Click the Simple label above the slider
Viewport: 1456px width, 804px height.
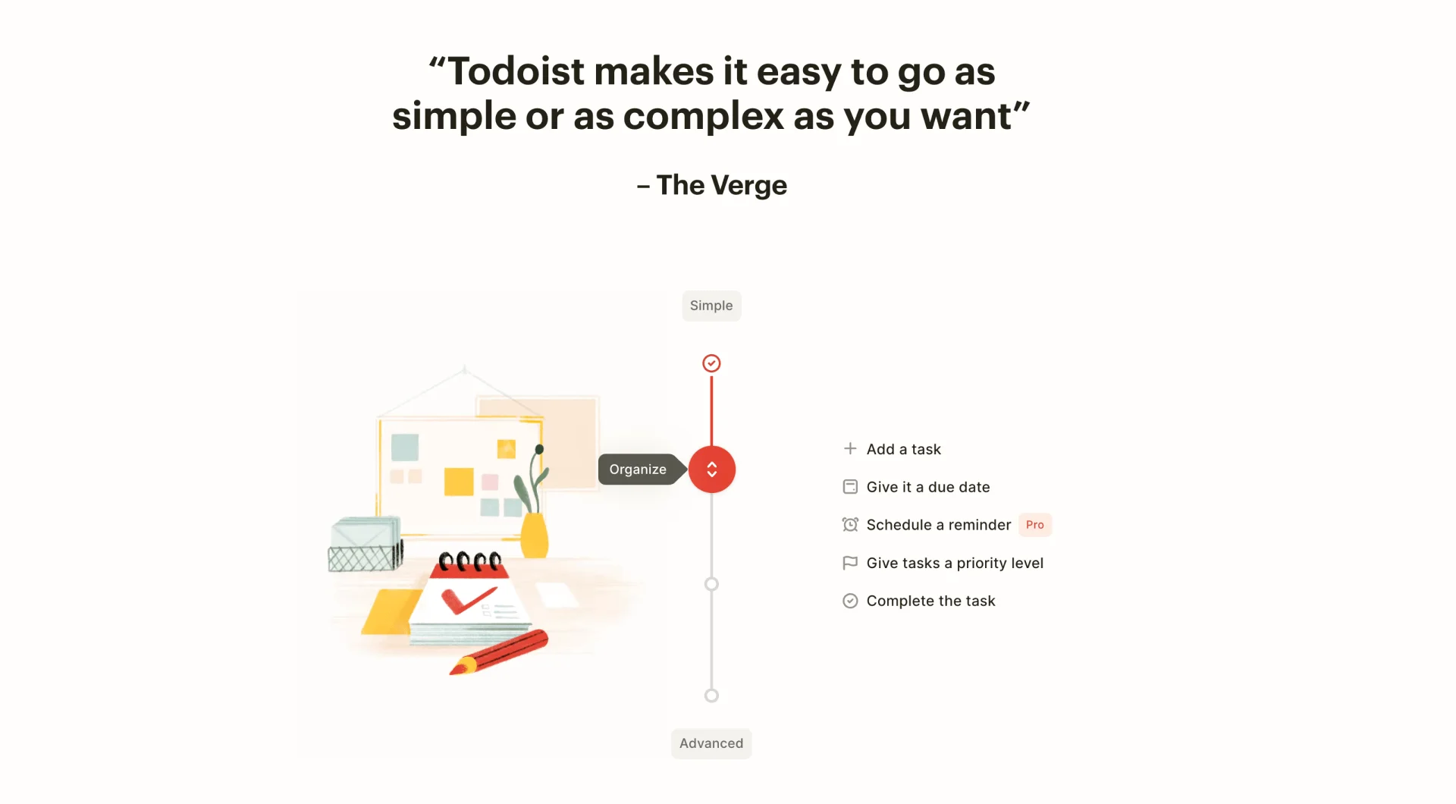pyautogui.click(x=711, y=306)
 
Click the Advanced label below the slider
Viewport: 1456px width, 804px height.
pyautogui.click(x=711, y=743)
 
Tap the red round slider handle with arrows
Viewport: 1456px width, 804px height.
pyautogui.click(x=711, y=470)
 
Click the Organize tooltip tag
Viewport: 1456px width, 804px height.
pyautogui.click(x=638, y=470)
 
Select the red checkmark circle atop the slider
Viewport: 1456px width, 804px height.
pyautogui.click(x=711, y=363)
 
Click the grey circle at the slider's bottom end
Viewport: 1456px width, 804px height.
pyautogui.click(x=711, y=696)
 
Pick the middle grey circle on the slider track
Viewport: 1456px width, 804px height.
pyautogui.click(x=711, y=584)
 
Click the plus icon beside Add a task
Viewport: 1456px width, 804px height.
pyautogui.click(x=850, y=449)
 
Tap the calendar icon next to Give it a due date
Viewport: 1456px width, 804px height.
pyautogui.click(x=850, y=487)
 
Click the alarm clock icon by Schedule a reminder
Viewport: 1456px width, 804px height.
pyautogui.click(x=850, y=525)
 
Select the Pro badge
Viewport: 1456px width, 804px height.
pyautogui.click(x=1034, y=525)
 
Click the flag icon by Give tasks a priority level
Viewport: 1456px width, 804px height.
pyautogui.click(x=850, y=563)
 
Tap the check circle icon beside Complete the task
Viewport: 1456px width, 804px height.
pyautogui.click(x=850, y=601)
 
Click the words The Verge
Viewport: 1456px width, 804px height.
pyautogui.click(x=721, y=185)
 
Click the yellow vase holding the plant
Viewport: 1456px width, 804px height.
pyautogui.click(x=535, y=535)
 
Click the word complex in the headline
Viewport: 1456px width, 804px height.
pyautogui.click(x=703, y=117)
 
